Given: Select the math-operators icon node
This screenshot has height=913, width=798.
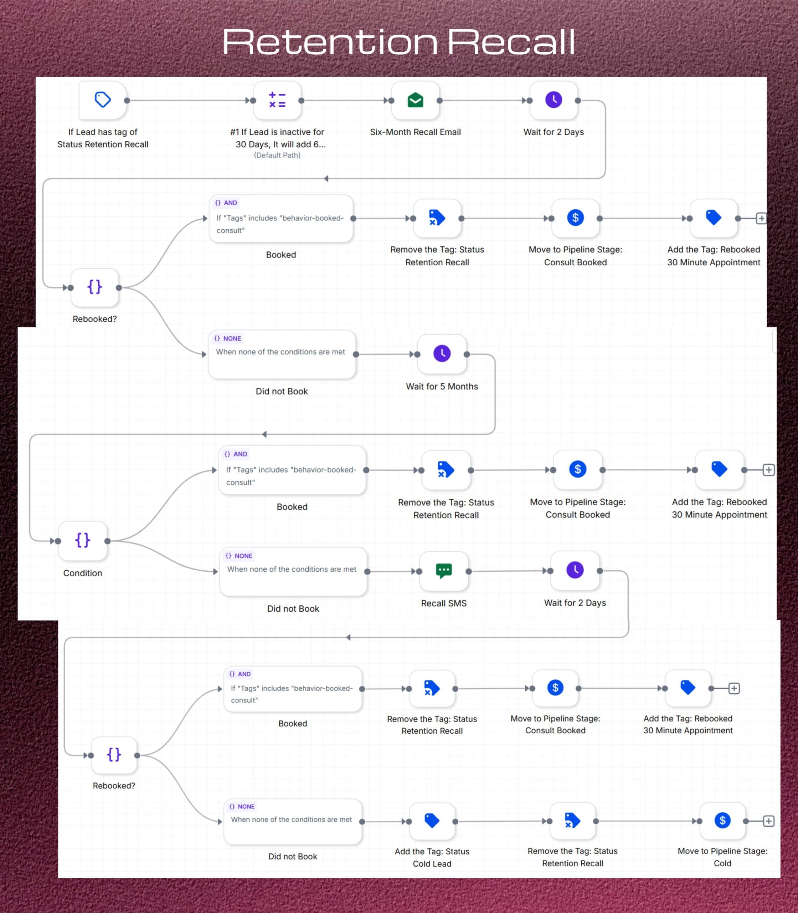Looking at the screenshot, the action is (277, 100).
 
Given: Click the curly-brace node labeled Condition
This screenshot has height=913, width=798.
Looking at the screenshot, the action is (83, 541).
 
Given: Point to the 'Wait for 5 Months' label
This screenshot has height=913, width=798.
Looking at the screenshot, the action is (442, 386).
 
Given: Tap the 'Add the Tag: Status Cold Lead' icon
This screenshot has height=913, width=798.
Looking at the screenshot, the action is (432, 821).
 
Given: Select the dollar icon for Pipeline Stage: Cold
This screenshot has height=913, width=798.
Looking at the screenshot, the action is (722, 820).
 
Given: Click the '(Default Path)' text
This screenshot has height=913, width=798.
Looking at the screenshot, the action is (277, 155).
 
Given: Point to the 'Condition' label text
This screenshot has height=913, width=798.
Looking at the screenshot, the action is (83, 573).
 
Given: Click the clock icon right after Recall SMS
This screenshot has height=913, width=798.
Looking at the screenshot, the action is (575, 570).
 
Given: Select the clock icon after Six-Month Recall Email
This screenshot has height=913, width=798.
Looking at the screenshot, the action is (554, 100).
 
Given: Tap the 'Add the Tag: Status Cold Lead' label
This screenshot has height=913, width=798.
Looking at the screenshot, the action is (432, 857).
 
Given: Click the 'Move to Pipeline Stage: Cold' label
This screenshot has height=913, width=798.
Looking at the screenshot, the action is (722, 857).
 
